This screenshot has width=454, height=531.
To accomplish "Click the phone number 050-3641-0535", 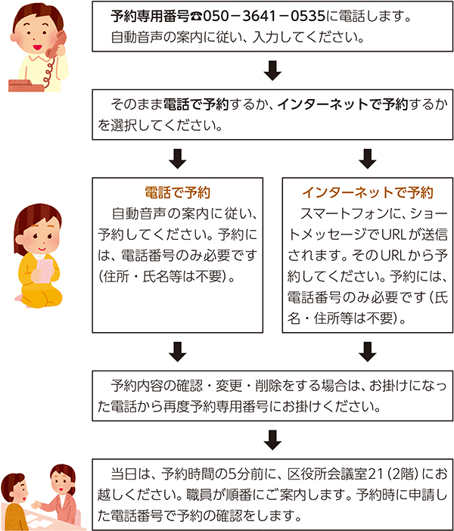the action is tap(264, 16).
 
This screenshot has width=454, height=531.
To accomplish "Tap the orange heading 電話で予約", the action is tap(178, 192).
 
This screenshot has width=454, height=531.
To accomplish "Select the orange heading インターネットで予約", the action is tap(368, 192).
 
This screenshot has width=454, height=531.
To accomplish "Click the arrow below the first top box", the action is tap(272, 70).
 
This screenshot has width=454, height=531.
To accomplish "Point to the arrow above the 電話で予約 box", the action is tap(178, 159).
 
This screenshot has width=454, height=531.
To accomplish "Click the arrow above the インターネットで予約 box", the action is tap(368, 159).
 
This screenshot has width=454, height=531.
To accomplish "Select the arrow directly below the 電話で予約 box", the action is tap(178, 352).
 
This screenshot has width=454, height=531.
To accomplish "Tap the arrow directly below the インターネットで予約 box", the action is tap(368, 352).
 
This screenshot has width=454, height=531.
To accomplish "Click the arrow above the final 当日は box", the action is tap(272, 440).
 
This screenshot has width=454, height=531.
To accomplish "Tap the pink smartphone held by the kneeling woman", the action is tap(45, 271).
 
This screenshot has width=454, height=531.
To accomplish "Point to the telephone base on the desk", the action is tap(26, 85).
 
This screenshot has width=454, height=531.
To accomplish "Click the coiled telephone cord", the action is tap(48, 72).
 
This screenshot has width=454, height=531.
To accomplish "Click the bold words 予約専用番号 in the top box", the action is tap(150, 16).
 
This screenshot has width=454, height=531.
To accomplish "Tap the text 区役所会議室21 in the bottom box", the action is tap(335, 474).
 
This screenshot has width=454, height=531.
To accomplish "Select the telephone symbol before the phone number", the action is tap(196, 17).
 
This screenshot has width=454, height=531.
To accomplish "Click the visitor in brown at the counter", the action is tap(14, 501).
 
